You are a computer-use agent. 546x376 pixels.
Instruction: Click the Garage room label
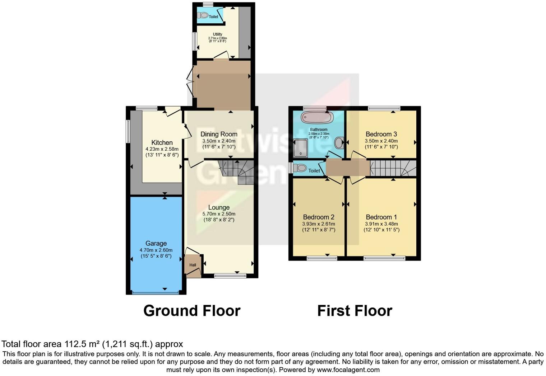pyautogui.click(x=156, y=243)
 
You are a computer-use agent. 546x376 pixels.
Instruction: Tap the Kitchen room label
pyautogui.click(x=162, y=142)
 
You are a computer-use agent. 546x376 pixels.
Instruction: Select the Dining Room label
pyautogui.click(x=219, y=134)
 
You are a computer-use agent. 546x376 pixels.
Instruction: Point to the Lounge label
pyautogui.click(x=219, y=207)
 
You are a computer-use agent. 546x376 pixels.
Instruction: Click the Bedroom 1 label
pyautogui.click(x=381, y=217)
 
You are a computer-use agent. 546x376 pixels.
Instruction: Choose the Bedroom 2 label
pyautogui.click(x=319, y=217)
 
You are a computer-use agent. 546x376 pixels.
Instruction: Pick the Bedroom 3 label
pyautogui.click(x=381, y=134)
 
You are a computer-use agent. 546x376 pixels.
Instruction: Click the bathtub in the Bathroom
pyautogui.click(x=317, y=117)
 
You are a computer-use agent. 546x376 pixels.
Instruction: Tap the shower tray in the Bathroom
pyautogui.click(x=301, y=148)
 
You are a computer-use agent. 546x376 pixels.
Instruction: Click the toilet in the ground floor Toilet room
pyautogui.click(x=203, y=15)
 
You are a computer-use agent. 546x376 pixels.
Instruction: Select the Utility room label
pyautogui.click(x=218, y=34)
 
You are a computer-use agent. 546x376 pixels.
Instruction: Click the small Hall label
pyautogui.click(x=193, y=265)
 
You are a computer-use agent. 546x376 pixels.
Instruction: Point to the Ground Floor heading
pyautogui.click(x=192, y=311)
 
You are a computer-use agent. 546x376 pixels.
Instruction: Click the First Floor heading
pyautogui.click(x=355, y=311)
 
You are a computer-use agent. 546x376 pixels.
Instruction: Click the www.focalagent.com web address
pyautogui.click(x=348, y=370)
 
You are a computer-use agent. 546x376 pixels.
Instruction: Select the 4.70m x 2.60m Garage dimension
pyautogui.click(x=156, y=250)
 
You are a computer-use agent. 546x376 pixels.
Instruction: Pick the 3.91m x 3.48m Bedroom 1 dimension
pyautogui.click(x=381, y=224)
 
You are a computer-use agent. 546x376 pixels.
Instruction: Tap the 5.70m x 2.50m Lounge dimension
pyautogui.click(x=219, y=214)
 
